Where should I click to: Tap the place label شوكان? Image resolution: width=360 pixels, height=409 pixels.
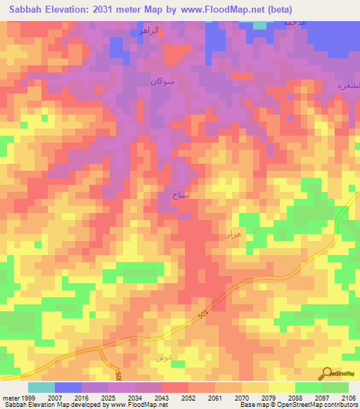click(x=161, y=82)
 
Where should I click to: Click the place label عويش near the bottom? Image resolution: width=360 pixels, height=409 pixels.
click(x=163, y=357)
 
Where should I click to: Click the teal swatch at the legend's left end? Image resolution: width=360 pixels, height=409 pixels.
click(x=41, y=387)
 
